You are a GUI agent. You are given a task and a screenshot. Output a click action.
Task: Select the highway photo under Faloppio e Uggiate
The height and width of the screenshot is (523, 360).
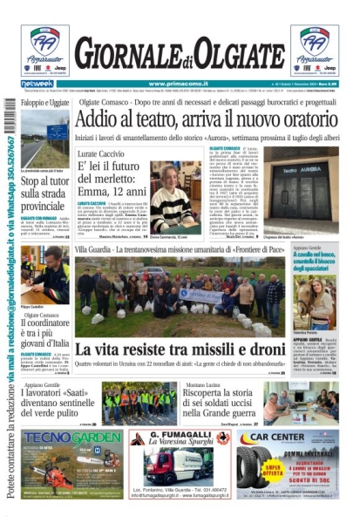pyautogui.click(x=44, y=139)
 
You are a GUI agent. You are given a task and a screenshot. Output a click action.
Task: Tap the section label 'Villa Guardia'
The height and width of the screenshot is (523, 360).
pyautogui.click(x=94, y=250)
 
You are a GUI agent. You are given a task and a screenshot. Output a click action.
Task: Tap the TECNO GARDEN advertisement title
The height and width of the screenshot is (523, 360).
pyautogui.click(x=59, y=438)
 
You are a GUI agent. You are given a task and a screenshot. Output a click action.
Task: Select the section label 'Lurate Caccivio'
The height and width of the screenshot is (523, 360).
pyautogui.click(x=102, y=152)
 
